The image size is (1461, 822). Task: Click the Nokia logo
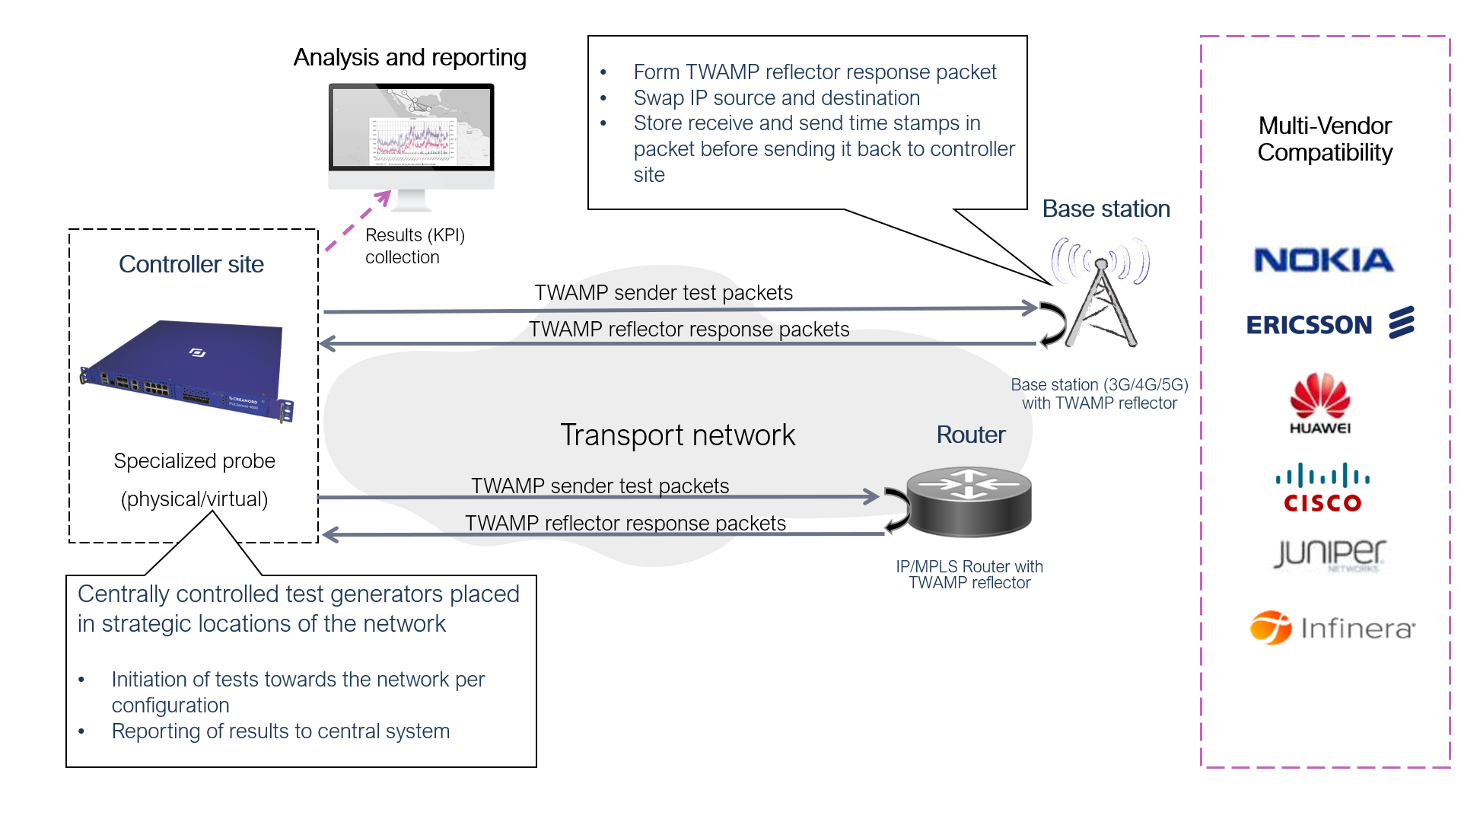[x=1323, y=260]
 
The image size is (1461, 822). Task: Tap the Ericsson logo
[x=1329, y=324]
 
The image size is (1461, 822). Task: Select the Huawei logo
[x=1320, y=403]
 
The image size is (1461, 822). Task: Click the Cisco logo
[x=1323, y=488]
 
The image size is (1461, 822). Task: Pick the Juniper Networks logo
[x=1329, y=554]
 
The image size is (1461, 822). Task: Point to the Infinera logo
[x=1332, y=628]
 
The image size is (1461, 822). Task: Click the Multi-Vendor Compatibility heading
[x=1325, y=139]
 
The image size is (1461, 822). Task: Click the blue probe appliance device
[x=187, y=369]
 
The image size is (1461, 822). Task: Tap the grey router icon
[x=969, y=502]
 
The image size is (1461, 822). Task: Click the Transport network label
[x=677, y=435]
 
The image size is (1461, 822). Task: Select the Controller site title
[x=191, y=264]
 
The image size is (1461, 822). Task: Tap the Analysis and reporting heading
[x=409, y=57]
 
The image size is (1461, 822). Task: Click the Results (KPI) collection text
[x=414, y=246]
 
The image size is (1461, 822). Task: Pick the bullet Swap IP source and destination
[x=776, y=98]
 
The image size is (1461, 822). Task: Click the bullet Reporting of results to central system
[x=280, y=731]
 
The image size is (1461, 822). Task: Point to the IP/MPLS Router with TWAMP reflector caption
[x=969, y=575]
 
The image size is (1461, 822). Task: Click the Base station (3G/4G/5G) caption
[x=1099, y=393]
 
